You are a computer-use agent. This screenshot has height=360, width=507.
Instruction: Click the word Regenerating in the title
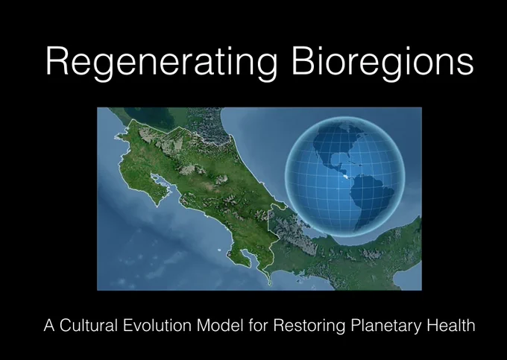pos(161,62)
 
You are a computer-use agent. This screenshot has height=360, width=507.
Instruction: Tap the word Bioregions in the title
pos(382,62)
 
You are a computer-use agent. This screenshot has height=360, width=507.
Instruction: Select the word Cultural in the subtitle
pos(88,325)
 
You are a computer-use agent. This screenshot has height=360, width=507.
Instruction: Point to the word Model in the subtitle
pos(220,325)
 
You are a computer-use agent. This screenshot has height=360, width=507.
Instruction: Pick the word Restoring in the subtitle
pos(309,326)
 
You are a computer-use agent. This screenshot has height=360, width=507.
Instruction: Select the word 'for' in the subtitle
pos(259,325)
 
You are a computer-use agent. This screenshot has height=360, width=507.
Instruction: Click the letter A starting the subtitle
pos(49,326)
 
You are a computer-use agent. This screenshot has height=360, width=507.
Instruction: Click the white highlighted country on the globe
pos(345,177)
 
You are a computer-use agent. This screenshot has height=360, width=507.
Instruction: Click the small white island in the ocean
pos(219,250)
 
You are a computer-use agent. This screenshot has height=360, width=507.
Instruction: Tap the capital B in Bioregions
pos(303,60)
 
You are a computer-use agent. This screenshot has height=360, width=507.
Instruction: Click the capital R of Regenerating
pos(57,60)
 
